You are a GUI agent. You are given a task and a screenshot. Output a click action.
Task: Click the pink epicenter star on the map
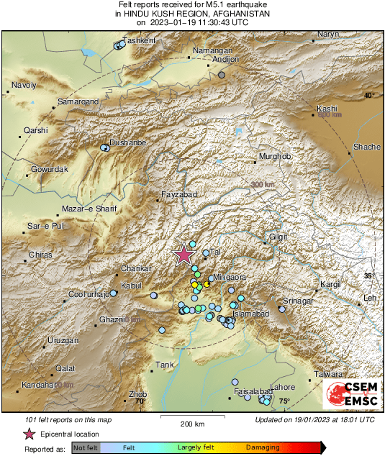click(x=184, y=254)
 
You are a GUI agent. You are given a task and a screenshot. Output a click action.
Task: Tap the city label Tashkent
click(x=140, y=41)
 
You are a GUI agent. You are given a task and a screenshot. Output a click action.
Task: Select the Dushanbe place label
click(x=127, y=142)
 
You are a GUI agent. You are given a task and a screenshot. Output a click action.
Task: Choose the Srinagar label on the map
click(x=298, y=300)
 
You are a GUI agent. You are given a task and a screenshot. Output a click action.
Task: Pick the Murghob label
click(x=274, y=157)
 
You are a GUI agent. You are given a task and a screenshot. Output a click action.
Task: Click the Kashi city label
click(x=327, y=109)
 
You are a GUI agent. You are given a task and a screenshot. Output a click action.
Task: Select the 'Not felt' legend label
click(x=86, y=447)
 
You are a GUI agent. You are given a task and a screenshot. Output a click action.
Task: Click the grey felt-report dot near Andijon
click(x=222, y=75)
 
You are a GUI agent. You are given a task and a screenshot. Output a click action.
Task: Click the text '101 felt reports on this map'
click(x=68, y=419)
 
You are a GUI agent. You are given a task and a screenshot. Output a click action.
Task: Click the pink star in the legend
click(x=30, y=434)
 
